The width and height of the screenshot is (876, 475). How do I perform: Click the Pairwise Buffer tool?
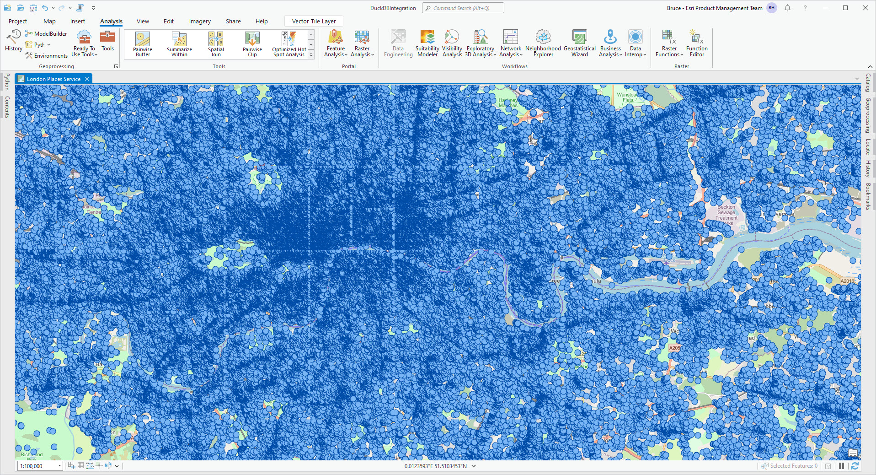(x=143, y=44)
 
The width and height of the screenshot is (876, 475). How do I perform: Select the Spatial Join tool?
(x=216, y=44)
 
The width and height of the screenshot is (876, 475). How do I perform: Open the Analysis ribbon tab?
(x=111, y=21)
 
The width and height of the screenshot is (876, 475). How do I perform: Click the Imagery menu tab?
(x=200, y=21)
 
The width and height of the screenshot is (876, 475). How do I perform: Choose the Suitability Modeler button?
(x=427, y=44)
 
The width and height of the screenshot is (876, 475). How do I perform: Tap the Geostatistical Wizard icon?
(x=579, y=44)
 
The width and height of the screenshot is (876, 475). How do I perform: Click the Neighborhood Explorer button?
(x=543, y=44)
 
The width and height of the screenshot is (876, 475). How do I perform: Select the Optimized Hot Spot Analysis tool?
(x=289, y=44)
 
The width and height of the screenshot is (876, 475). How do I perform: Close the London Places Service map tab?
(x=87, y=79)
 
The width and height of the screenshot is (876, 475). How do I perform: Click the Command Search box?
(x=463, y=8)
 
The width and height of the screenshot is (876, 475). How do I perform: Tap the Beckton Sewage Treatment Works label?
(x=726, y=213)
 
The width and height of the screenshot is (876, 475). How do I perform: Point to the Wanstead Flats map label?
(x=627, y=97)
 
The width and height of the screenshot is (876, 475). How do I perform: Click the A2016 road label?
(x=847, y=281)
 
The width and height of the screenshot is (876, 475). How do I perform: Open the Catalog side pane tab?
(x=868, y=83)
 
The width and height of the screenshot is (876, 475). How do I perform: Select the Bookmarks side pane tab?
(x=868, y=196)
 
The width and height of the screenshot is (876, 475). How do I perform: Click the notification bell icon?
(x=787, y=8)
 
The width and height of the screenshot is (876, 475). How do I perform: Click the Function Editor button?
(x=696, y=44)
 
